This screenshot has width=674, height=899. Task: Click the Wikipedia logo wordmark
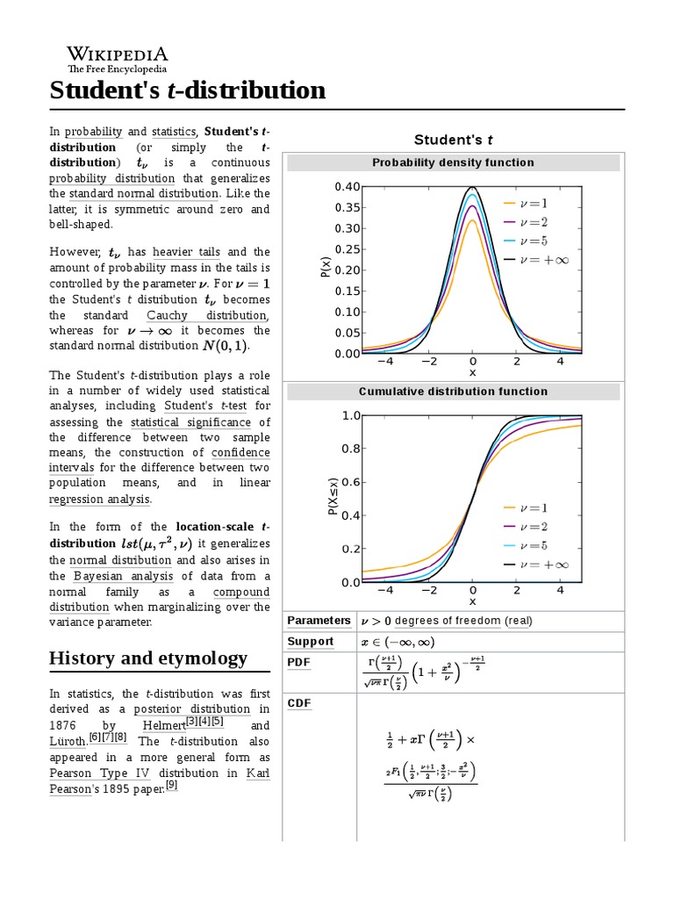pyautogui.click(x=118, y=54)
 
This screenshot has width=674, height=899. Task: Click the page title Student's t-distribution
pyautogui.click(x=187, y=90)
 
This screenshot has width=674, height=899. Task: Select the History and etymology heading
pyautogui.click(x=148, y=658)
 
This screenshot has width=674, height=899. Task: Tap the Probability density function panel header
pyautogui.click(x=453, y=162)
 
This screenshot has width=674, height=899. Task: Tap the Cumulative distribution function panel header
pyautogui.click(x=453, y=392)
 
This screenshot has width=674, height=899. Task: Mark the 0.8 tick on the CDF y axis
pyautogui.click(x=351, y=449)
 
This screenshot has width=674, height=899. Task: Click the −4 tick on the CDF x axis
pyautogui.click(x=385, y=591)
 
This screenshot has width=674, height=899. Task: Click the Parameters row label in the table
pyautogui.click(x=319, y=621)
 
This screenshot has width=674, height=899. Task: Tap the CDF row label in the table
pyautogui.click(x=299, y=703)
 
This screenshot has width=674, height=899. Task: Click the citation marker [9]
pyautogui.click(x=172, y=786)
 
